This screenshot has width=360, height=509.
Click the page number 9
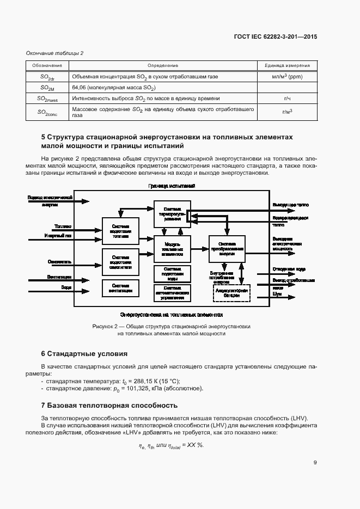315,463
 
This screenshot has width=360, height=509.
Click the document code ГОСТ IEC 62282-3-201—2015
275,36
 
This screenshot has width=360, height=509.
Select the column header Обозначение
47,65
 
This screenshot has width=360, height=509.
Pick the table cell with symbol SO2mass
47,99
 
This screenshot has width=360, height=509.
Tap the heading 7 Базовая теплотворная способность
109,406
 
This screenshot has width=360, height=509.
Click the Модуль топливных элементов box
172,248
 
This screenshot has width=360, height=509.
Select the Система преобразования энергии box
227,248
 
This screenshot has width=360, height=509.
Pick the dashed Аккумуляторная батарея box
230,292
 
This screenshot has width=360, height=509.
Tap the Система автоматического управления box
172,292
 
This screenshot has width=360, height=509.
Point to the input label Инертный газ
57,236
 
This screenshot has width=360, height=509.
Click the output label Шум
277,294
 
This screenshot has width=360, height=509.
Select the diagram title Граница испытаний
172,186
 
